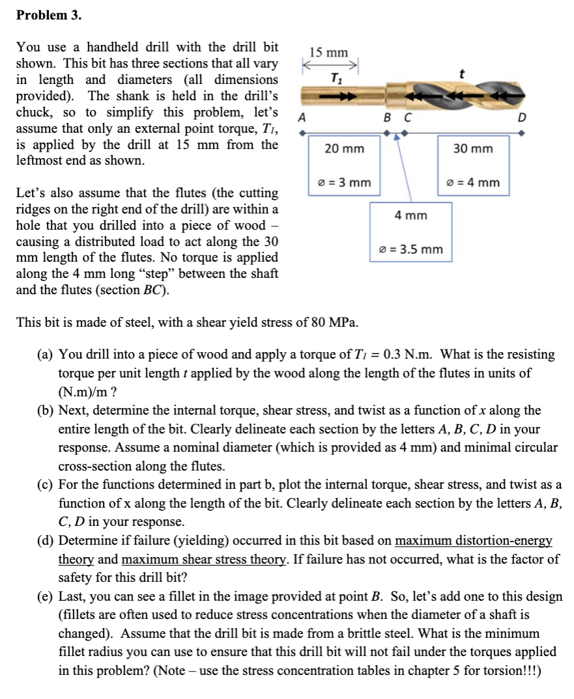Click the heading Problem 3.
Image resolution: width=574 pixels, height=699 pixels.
coord(49,15)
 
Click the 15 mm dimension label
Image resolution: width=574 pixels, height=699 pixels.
coord(329,52)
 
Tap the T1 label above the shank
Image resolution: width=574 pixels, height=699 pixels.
coord(335,79)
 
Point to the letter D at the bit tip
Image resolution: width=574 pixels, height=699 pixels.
coord(520,118)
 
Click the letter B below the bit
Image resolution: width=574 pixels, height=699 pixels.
coord(387,118)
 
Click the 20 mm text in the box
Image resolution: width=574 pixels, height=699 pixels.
coord(344,149)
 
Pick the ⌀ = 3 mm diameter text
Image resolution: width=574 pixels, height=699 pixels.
coord(344,182)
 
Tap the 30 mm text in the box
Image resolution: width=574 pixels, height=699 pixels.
coord(473,149)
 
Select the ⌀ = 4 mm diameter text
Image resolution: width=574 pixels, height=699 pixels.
coord(473,182)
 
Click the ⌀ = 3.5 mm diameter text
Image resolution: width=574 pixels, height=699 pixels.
coord(411,249)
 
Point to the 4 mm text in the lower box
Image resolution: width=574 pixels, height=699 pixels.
coord(411,215)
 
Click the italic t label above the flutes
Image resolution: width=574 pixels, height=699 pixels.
coord(461,74)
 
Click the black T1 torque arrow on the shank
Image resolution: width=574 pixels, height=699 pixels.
coord(345,96)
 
